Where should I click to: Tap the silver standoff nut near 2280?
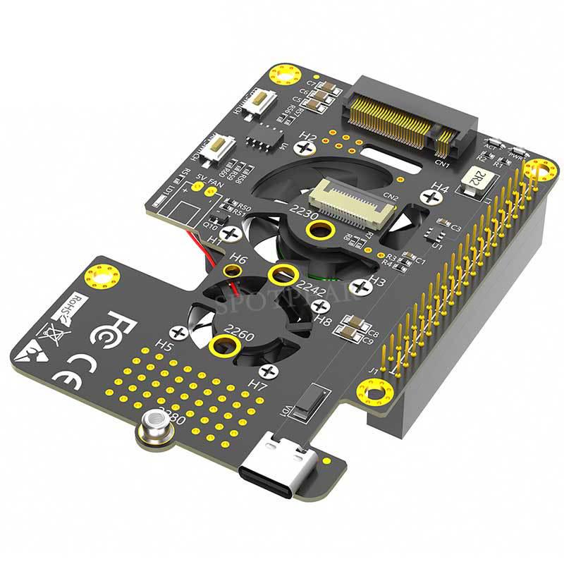[155, 429]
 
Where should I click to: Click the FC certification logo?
[122, 327]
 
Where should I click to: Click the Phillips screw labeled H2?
[305, 148]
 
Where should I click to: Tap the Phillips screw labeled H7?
[267, 372]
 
